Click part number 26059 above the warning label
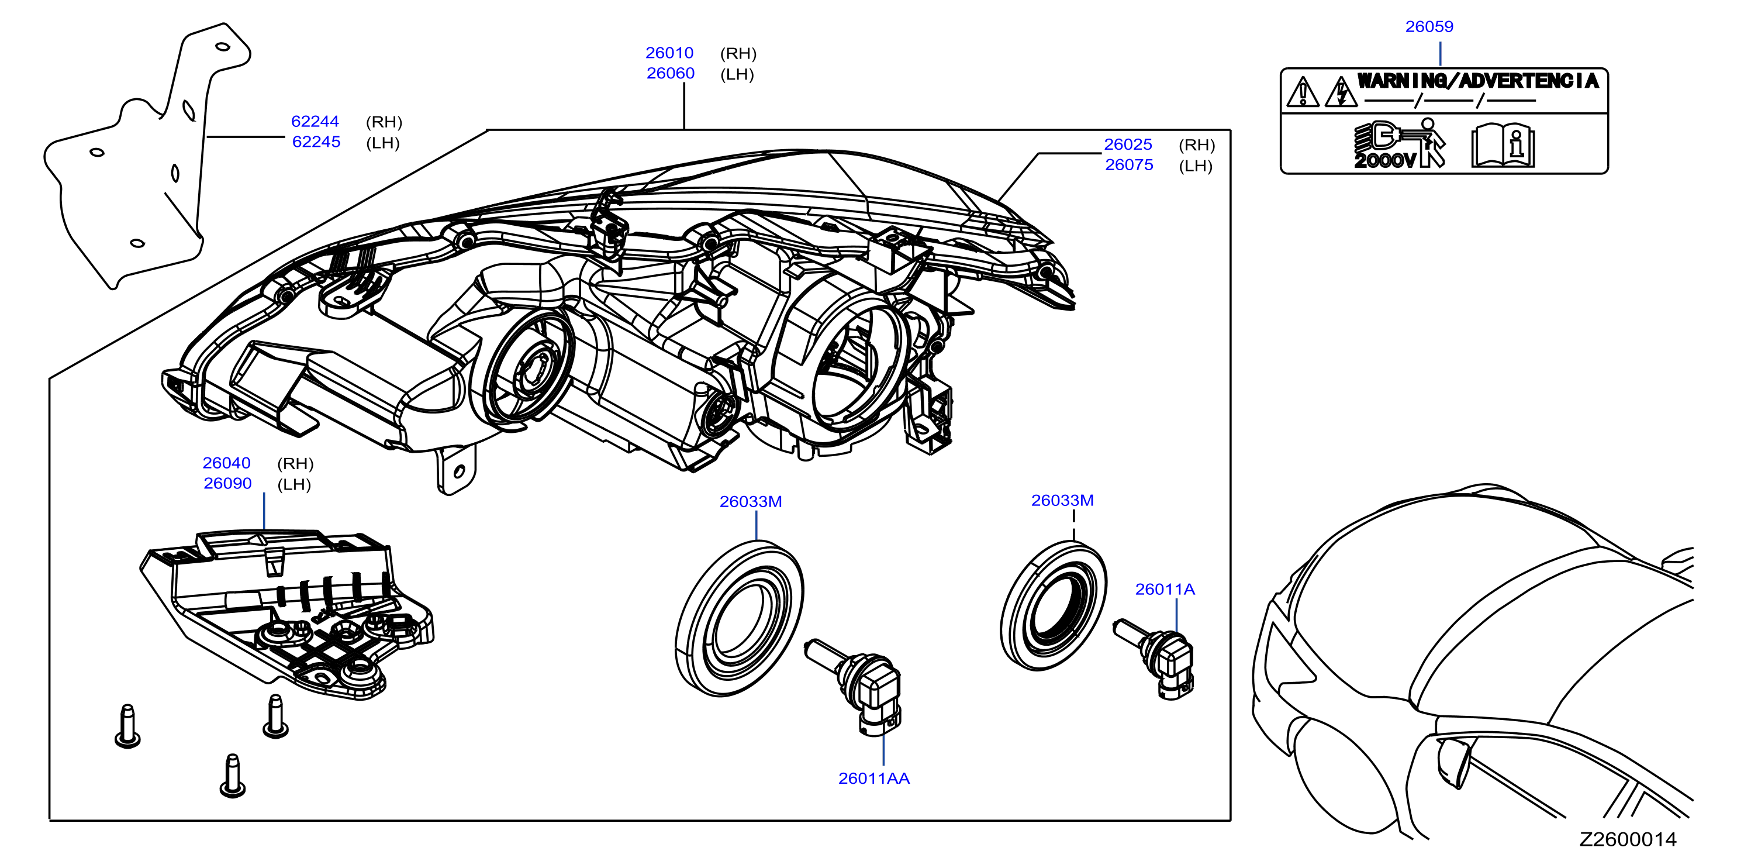1429,26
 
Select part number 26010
669,53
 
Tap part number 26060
670,73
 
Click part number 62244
315,121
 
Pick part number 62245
316,142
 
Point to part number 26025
1128,144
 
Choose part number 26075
1130,164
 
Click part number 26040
226,463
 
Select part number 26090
227,484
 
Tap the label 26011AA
874,779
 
